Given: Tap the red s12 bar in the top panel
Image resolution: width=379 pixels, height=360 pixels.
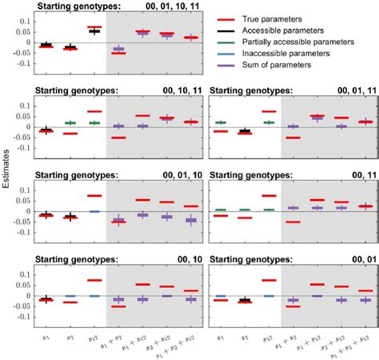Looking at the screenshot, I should [94, 27].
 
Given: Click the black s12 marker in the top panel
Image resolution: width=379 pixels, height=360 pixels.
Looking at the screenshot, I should [94, 31].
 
